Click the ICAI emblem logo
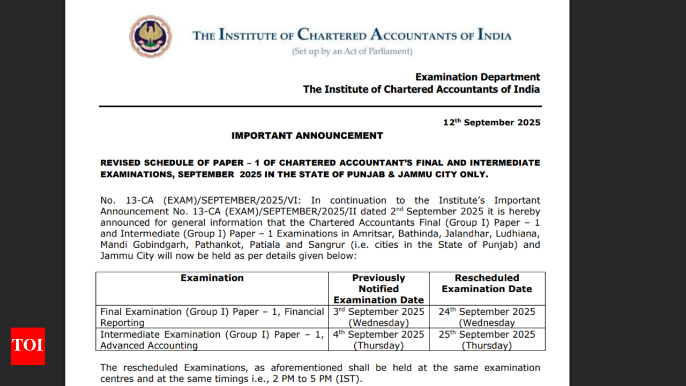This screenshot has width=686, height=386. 151,36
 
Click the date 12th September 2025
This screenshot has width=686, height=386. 491,122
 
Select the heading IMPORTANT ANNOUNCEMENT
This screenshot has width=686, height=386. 307,136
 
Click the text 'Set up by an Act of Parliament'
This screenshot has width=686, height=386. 352,51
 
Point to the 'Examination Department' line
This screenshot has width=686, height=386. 478,77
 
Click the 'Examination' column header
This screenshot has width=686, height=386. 212,278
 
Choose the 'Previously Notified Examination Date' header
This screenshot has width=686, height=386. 378,289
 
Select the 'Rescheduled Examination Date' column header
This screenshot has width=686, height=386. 487,283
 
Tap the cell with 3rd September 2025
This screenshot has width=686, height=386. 378,317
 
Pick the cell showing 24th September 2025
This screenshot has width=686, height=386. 487,317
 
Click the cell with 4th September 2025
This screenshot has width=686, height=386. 378,339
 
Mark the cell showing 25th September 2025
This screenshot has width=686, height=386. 487,339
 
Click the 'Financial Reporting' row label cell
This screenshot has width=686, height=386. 212,317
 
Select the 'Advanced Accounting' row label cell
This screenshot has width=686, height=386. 212,339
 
